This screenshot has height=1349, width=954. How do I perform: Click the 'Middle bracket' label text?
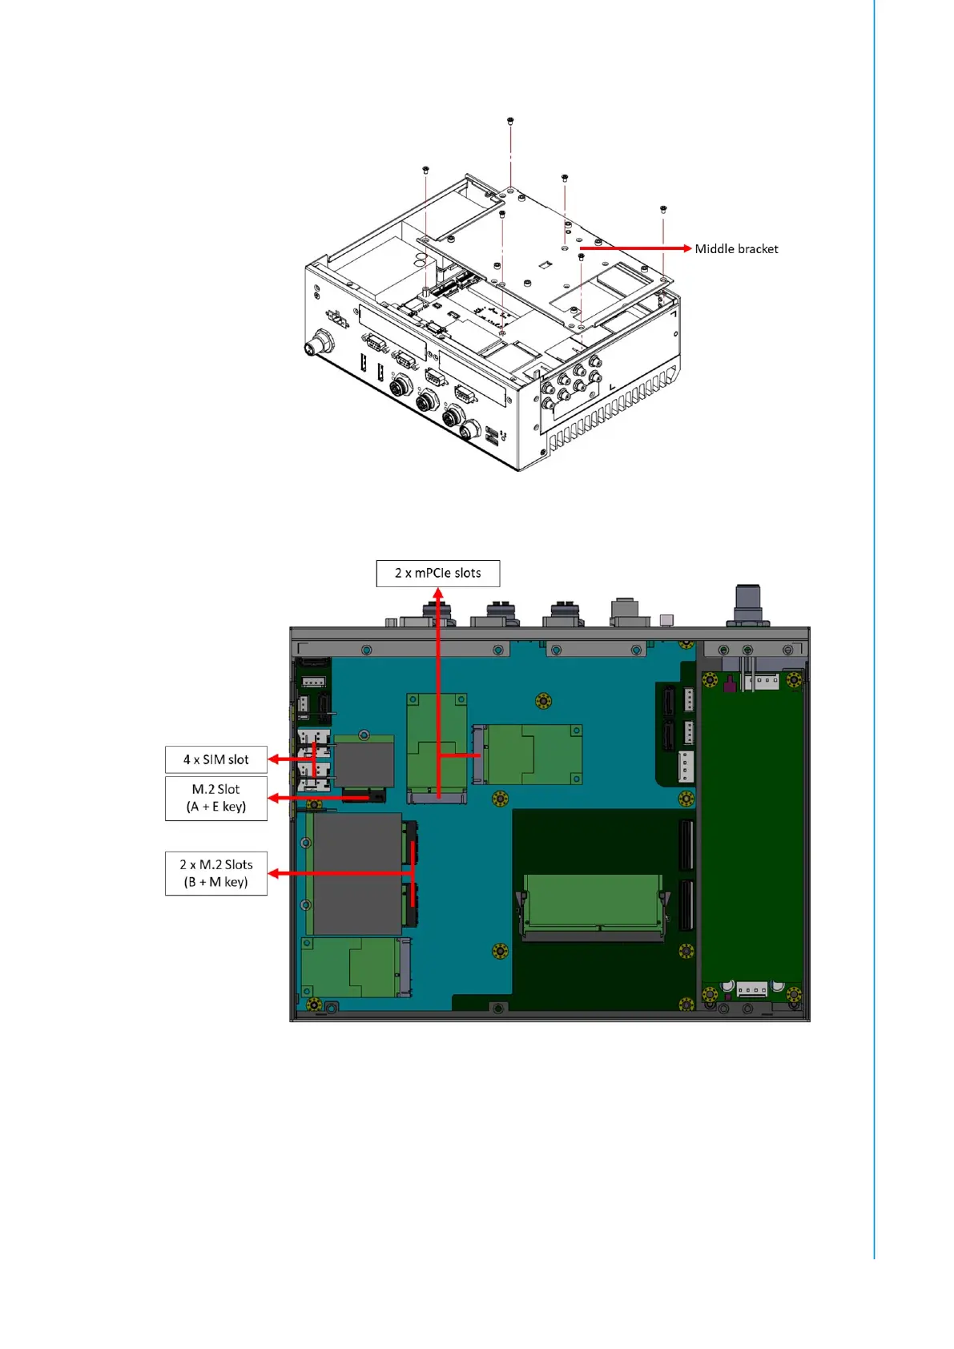(x=736, y=249)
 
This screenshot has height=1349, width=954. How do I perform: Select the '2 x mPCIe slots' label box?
(x=438, y=574)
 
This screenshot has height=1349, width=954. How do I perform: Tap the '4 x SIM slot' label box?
(x=215, y=759)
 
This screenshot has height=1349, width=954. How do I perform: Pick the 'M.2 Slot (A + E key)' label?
(x=215, y=798)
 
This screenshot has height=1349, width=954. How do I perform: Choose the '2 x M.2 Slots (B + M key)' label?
(x=215, y=873)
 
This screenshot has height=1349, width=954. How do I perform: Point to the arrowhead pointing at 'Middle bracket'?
(x=686, y=248)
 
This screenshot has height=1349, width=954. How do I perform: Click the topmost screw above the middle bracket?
(x=510, y=121)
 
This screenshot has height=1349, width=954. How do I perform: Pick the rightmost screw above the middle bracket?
(x=663, y=209)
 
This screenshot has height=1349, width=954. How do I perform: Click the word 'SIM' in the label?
(x=214, y=759)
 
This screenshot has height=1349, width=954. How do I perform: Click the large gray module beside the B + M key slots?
(x=356, y=874)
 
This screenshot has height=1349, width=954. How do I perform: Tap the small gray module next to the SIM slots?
(x=364, y=763)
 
